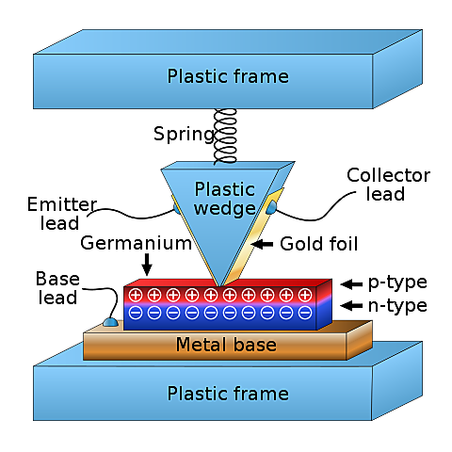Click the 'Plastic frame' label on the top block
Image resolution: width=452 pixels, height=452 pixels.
click(228, 76)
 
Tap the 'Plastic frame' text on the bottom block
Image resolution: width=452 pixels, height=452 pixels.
click(228, 393)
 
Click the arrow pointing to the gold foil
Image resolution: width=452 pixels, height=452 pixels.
click(266, 244)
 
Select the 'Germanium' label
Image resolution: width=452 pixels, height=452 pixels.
click(136, 244)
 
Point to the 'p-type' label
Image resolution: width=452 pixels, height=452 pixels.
click(397, 282)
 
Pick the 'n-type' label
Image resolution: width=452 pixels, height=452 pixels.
click(397, 305)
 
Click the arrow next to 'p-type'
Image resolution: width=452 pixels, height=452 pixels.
click(350, 282)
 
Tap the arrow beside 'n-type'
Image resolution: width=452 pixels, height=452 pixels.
click(350, 305)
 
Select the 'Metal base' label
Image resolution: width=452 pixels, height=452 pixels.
click(226, 345)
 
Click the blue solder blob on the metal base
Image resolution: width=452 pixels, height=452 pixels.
click(111, 323)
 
